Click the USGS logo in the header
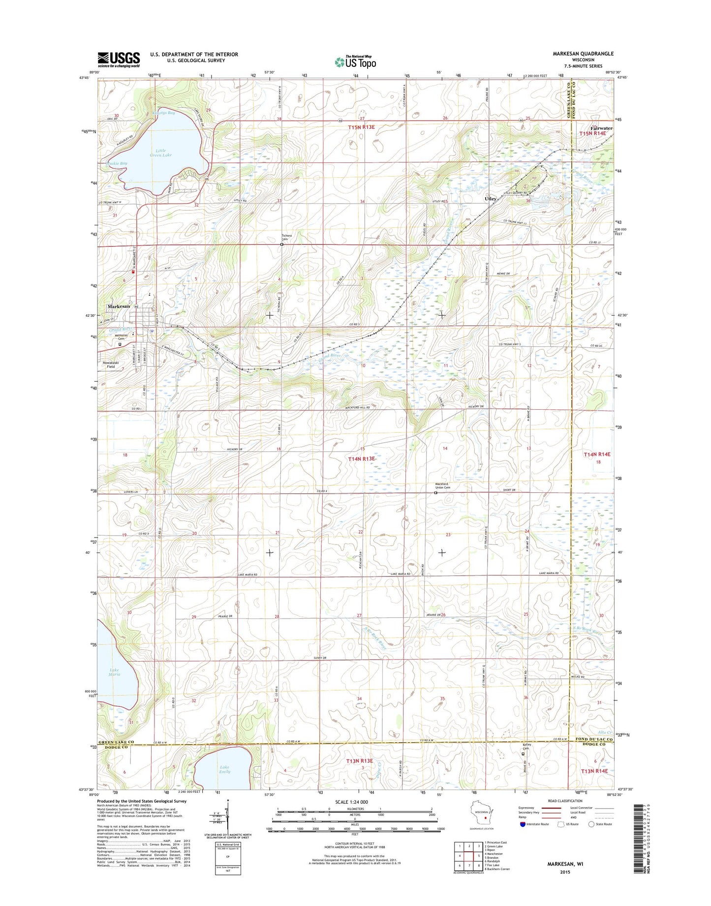(119, 60)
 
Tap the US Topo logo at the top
(355, 61)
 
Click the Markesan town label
(119, 306)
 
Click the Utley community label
(490, 199)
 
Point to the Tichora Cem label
(286, 237)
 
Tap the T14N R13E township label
(362, 458)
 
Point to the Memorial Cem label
(121, 338)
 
